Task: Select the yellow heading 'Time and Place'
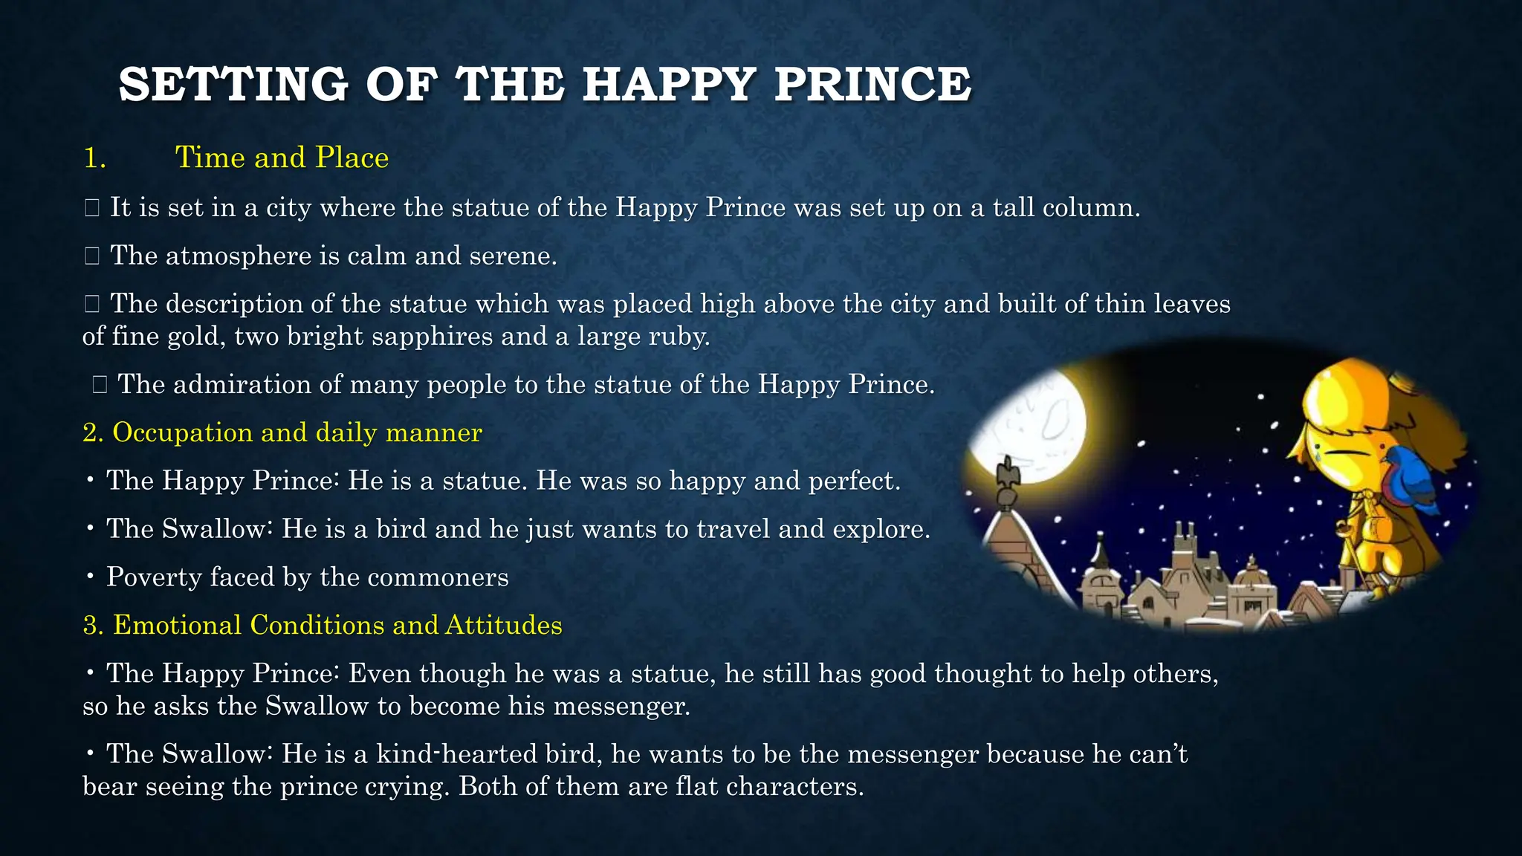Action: [x=282, y=158]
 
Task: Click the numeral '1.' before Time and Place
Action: [x=94, y=158]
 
